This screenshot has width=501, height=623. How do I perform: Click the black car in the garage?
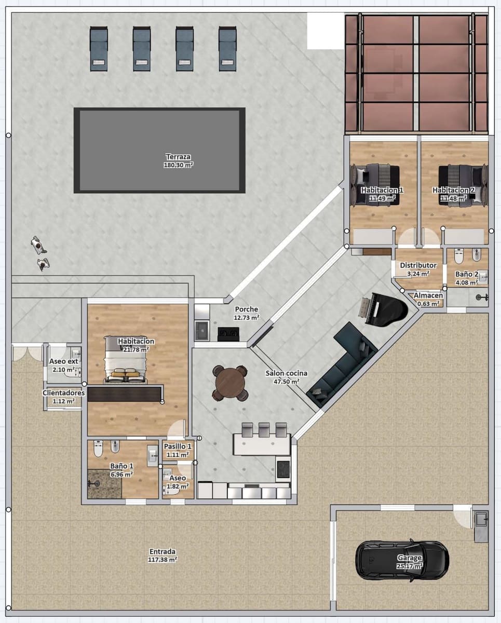click(x=402, y=561)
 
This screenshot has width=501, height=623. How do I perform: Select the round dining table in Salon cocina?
click(x=229, y=383)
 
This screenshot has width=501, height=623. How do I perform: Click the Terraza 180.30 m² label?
click(x=179, y=160)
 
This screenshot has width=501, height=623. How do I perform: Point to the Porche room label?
click(x=246, y=313)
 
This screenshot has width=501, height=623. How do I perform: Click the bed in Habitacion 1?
click(x=376, y=184)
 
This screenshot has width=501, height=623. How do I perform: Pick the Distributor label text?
click(x=418, y=265)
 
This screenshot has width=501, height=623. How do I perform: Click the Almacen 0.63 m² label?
click(x=428, y=299)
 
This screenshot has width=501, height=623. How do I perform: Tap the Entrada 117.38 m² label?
click(x=163, y=555)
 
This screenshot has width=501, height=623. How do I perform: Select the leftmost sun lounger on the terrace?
click(x=98, y=49)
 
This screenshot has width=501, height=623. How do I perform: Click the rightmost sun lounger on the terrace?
click(x=227, y=49)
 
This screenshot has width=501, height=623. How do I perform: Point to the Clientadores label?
click(x=63, y=396)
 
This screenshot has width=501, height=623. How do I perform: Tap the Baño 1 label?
click(x=121, y=469)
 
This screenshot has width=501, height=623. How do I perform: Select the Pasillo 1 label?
click(x=178, y=450)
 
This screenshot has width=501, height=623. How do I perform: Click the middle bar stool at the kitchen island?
click(x=264, y=429)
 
